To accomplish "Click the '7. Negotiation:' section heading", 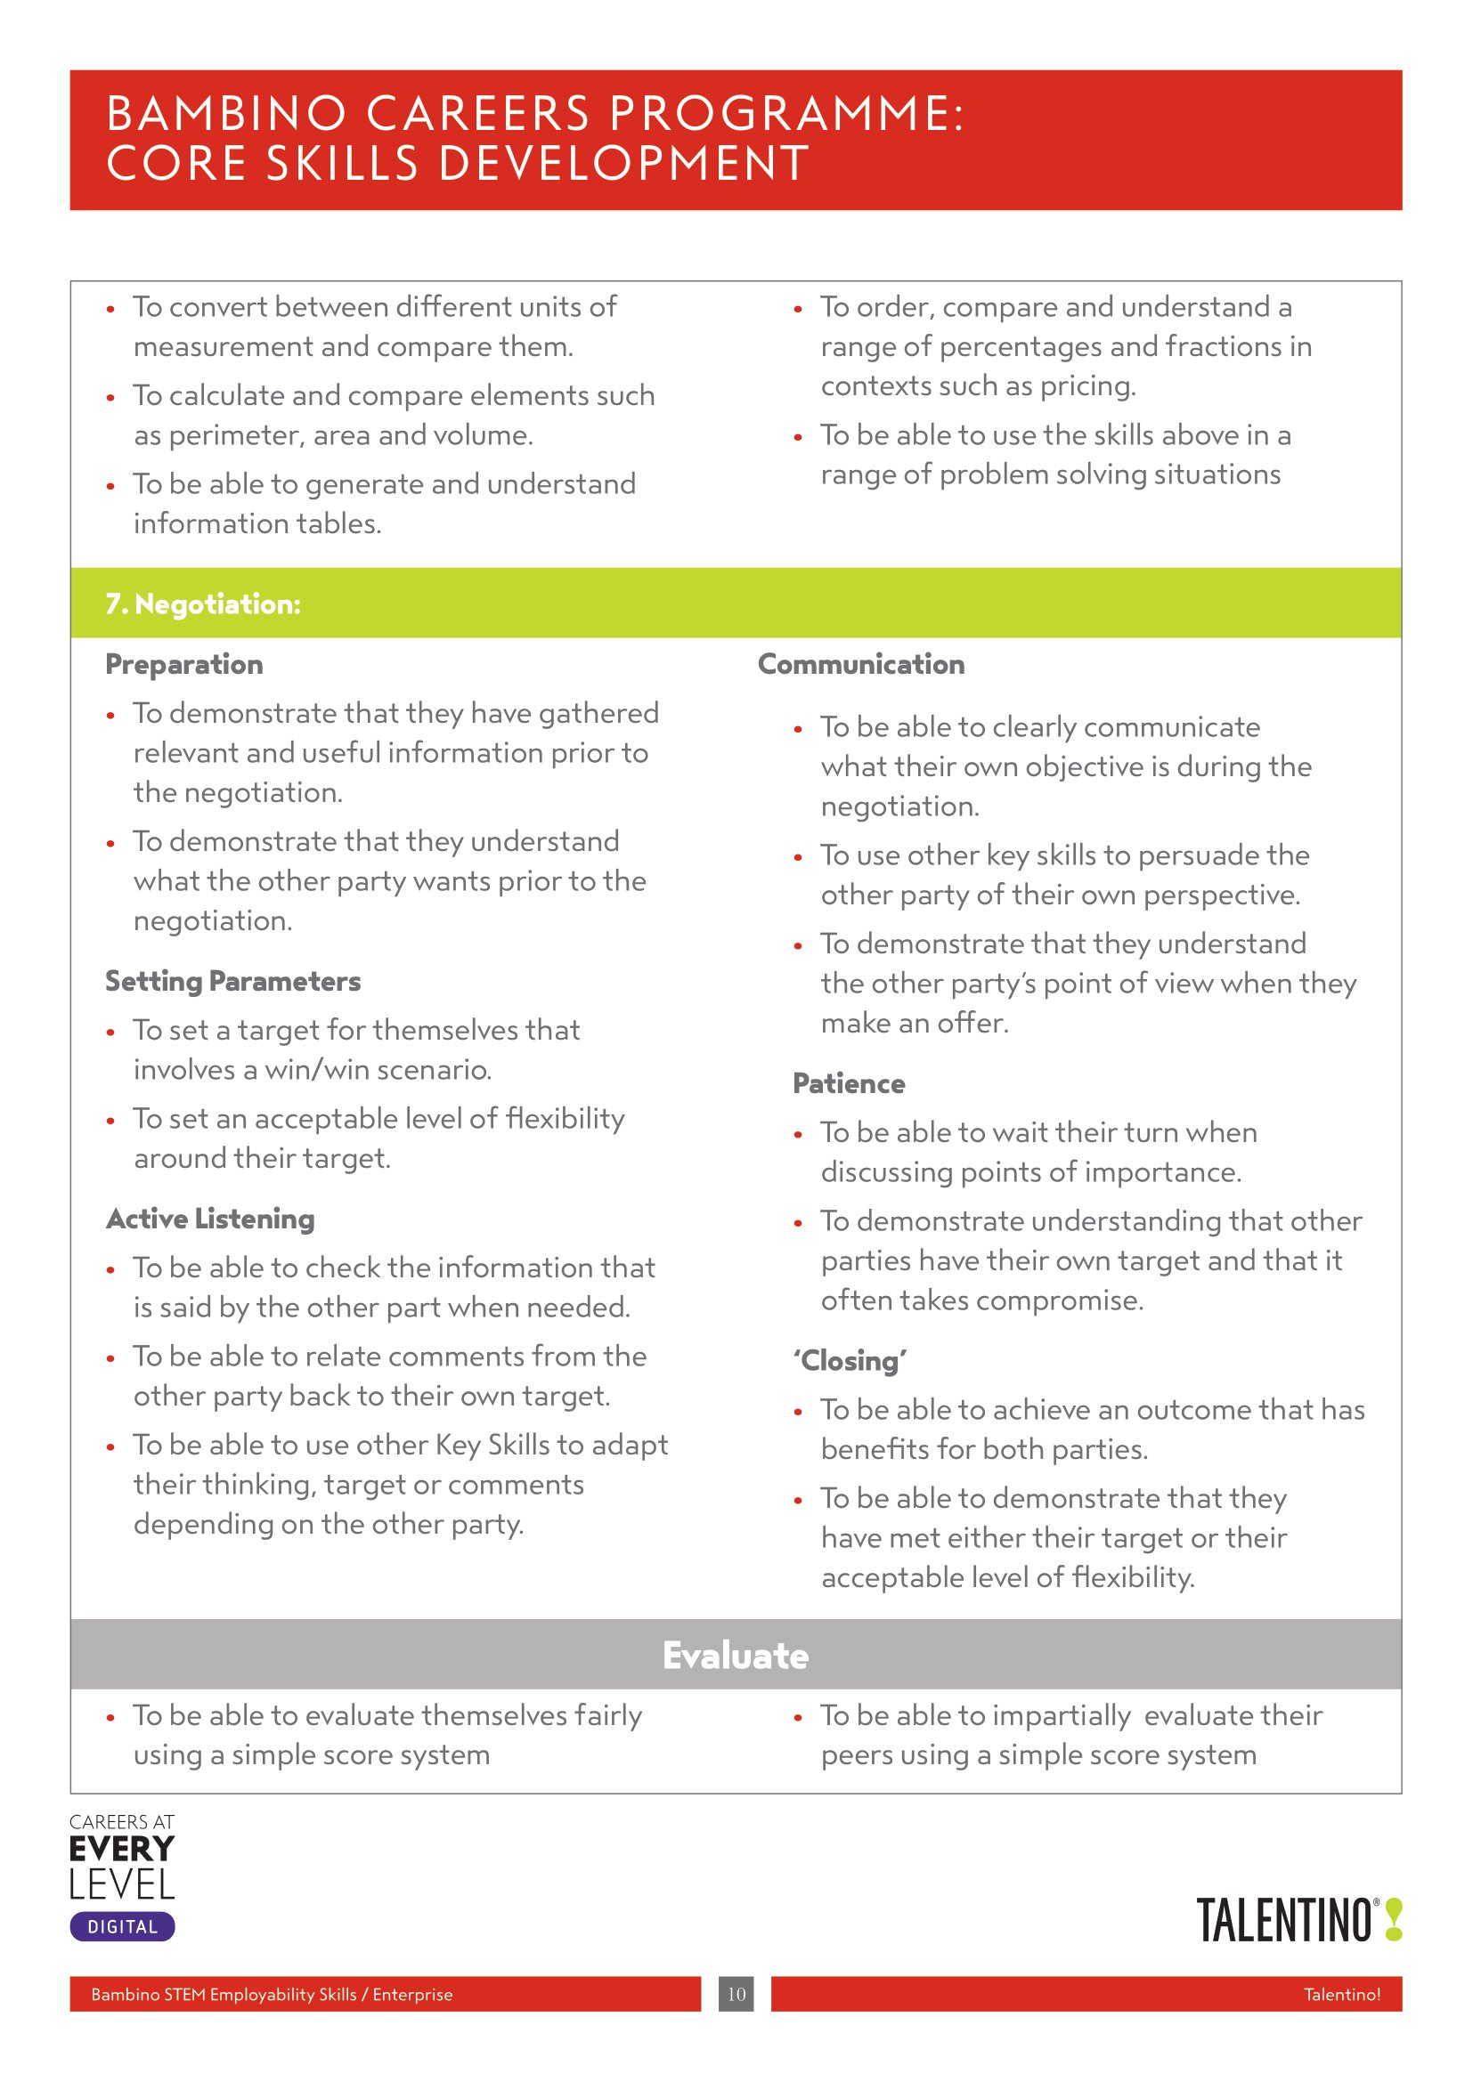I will click(x=202, y=604).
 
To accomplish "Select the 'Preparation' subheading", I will click(x=184, y=665).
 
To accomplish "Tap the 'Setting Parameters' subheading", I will click(x=233, y=981).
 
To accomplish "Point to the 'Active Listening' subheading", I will click(x=210, y=1219).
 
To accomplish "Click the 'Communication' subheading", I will click(x=861, y=665).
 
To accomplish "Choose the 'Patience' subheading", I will click(x=848, y=1083).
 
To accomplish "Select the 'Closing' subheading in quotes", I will click(x=850, y=1361).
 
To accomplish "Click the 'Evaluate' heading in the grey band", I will click(x=736, y=1655).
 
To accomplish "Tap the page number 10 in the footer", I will click(x=736, y=1994).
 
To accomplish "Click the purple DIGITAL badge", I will click(x=122, y=1927).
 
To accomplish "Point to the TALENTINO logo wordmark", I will click(x=1283, y=1921).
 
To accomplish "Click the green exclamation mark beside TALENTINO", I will click(x=1394, y=1921).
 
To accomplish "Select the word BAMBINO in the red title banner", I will click(x=227, y=114).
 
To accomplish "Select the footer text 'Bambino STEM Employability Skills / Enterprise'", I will click(x=272, y=1994).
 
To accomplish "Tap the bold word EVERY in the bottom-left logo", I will click(x=121, y=1848).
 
